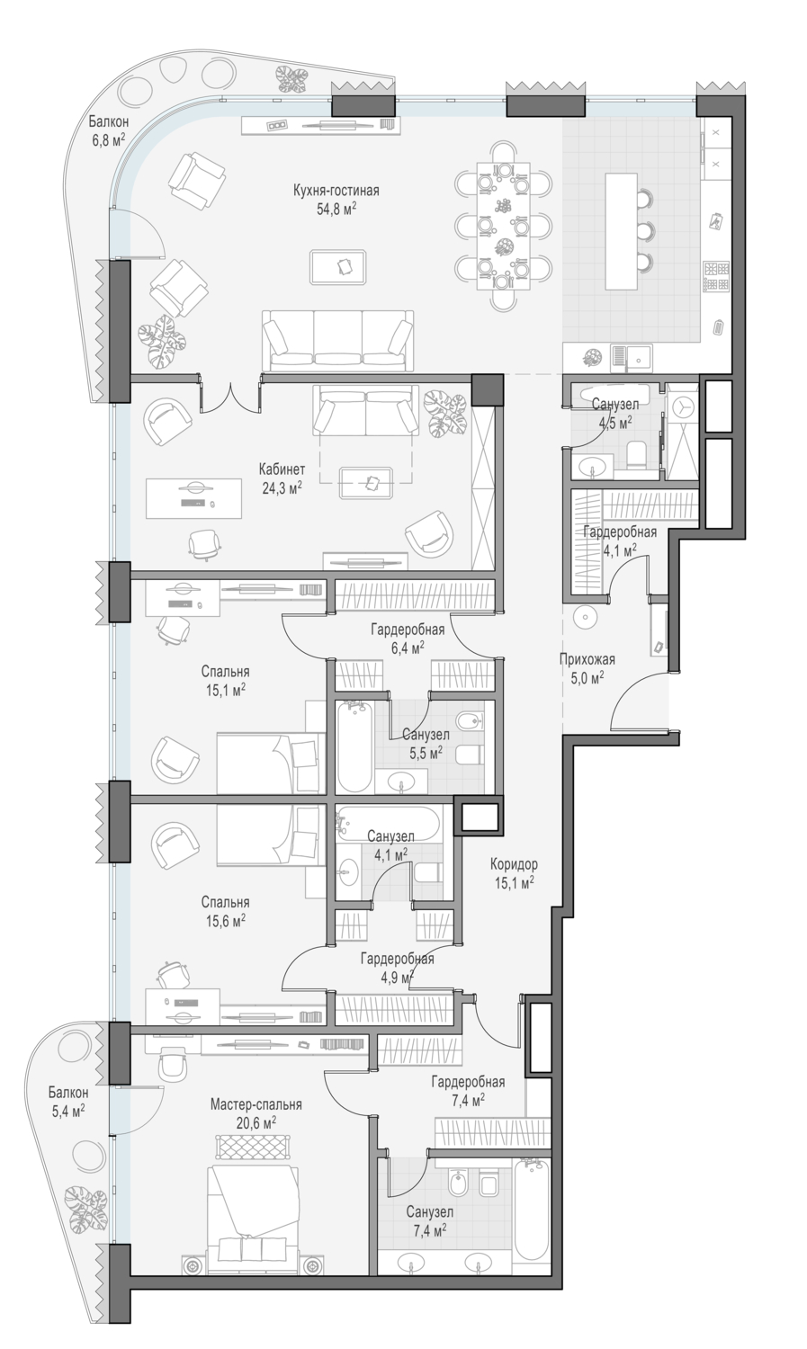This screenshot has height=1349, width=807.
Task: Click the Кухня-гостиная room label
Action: [336, 191]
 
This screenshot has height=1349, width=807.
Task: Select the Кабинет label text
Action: [282, 469]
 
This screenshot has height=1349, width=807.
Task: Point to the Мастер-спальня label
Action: [256, 1105]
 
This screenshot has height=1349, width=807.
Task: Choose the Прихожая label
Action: [587, 659]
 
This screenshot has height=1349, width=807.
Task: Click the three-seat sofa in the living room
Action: [338, 341]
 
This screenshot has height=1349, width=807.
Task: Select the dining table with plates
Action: [504, 226]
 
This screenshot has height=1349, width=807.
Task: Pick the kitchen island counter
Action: [621, 230]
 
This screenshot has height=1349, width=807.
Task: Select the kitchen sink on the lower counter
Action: [632, 358]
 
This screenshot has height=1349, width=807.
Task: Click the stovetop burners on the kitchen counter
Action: [716, 276]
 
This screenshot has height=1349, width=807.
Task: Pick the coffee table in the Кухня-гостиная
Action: [338, 266]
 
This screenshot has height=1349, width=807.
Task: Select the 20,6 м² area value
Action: [256, 1122]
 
